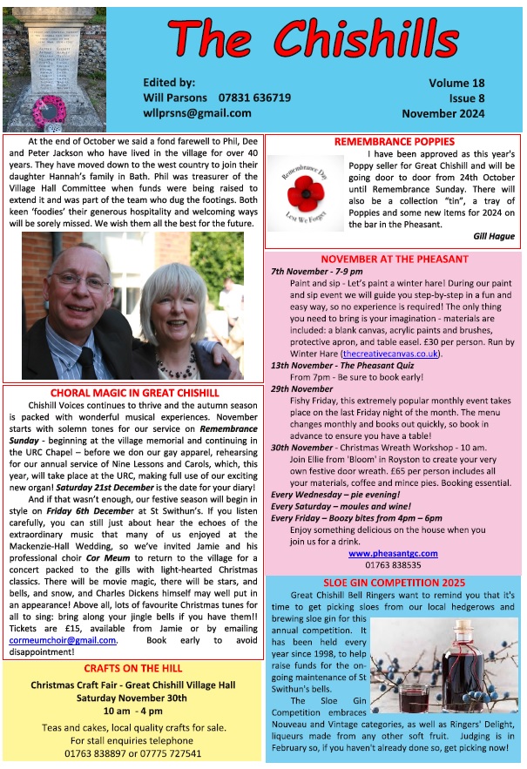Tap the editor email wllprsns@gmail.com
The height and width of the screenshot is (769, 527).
coord(197,113)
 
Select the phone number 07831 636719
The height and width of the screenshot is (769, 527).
coord(248,98)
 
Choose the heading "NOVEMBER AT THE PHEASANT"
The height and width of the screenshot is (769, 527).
coord(394,260)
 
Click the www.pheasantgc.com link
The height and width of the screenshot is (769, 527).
coord(394,553)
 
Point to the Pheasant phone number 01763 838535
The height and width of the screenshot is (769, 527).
coord(394,564)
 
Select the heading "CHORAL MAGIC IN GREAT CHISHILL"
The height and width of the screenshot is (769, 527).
coord(132,393)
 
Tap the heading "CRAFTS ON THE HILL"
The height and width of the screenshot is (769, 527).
coord(132,668)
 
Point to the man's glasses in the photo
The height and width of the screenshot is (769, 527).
coord(80,280)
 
